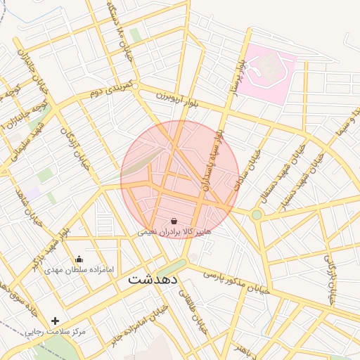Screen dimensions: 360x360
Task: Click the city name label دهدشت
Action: coord(153,279)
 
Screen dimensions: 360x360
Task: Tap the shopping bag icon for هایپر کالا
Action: coord(174,221)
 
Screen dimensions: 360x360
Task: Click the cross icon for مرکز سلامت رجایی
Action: coord(55,321)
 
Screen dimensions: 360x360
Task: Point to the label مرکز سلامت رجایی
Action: coord(55,331)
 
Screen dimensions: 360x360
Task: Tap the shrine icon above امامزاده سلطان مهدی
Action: coord(79,259)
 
